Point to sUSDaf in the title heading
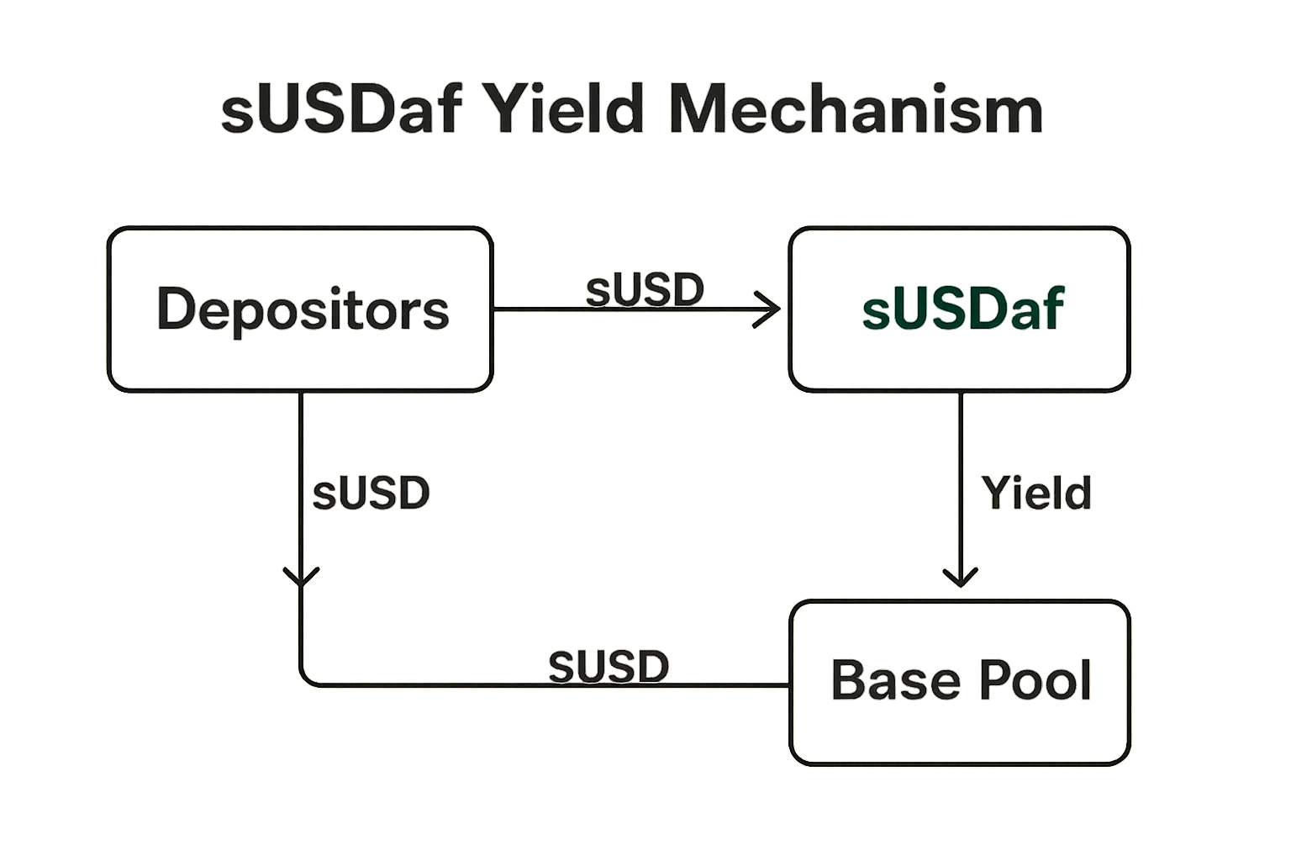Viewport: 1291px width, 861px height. click(340, 111)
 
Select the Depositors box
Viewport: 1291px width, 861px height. click(300, 309)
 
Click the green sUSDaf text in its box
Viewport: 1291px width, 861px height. click(963, 309)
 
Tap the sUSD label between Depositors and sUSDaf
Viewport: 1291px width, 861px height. click(645, 290)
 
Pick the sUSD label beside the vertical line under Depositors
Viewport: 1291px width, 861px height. click(371, 493)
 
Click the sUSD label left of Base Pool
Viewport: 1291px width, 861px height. click(609, 667)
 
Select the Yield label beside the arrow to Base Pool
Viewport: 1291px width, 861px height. click(1037, 493)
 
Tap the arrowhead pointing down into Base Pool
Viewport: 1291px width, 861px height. click(961, 578)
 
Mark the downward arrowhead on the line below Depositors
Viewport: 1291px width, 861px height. click(301, 578)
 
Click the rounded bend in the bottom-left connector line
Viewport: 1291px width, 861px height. click(307, 679)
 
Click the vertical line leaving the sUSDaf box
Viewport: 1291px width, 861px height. click(961, 471)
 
